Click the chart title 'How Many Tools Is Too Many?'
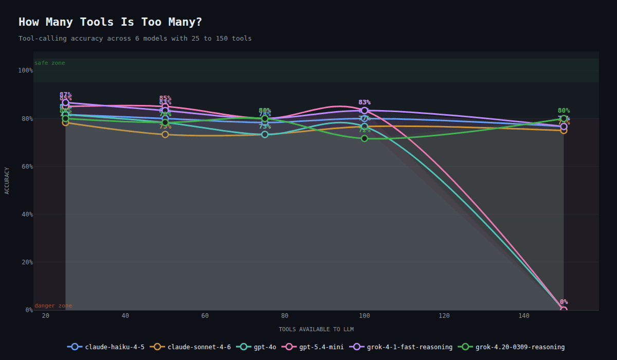click(110, 22)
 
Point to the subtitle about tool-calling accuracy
click(135, 39)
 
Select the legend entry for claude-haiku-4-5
click(107, 347)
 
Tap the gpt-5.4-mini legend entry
click(316, 347)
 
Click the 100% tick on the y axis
click(25, 70)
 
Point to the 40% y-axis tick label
click(27, 214)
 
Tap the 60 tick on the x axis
click(205, 316)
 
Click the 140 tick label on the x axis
click(524, 316)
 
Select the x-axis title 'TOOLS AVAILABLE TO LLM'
click(316, 329)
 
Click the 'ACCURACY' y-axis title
click(7, 181)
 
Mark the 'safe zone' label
click(50, 63)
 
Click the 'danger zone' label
click(53, 306)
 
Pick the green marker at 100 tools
click(365, 138)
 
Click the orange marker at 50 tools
click(165, 135)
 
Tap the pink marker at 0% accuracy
click(564, 309)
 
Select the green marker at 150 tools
click(564, 119)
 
